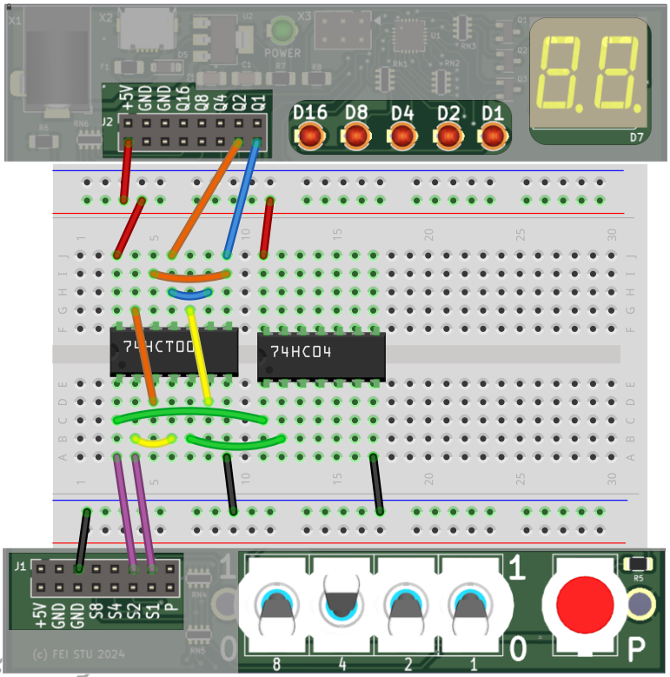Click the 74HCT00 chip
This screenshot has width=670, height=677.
click(174, 352)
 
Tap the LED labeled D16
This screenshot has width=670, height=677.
click(310, 136)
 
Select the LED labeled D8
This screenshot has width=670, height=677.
click(356, 136)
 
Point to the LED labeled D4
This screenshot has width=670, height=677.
click(401, 136)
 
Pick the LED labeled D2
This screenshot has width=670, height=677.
click(448, 136)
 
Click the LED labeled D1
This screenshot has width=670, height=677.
click(493, 136)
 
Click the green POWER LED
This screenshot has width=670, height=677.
click(281, 32)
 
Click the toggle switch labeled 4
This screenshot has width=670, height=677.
click(342, 602)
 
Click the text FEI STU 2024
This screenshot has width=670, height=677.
click(78, 654)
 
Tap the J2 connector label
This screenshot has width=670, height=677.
click(107, 123)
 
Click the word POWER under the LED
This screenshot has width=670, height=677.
click(282, 53)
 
